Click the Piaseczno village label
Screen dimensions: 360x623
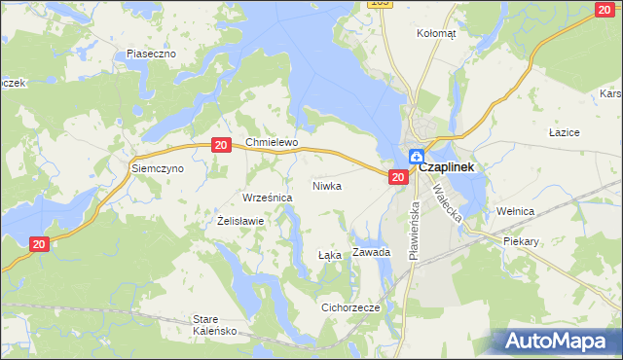[151, 54]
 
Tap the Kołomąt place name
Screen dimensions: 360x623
[436, 32]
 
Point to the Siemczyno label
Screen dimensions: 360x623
[158, 168]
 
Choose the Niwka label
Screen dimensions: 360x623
[327, 185]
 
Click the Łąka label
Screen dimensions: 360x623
[330, 255]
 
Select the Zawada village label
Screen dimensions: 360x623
[372, 252]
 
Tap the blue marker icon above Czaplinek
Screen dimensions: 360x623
[416, 155]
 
